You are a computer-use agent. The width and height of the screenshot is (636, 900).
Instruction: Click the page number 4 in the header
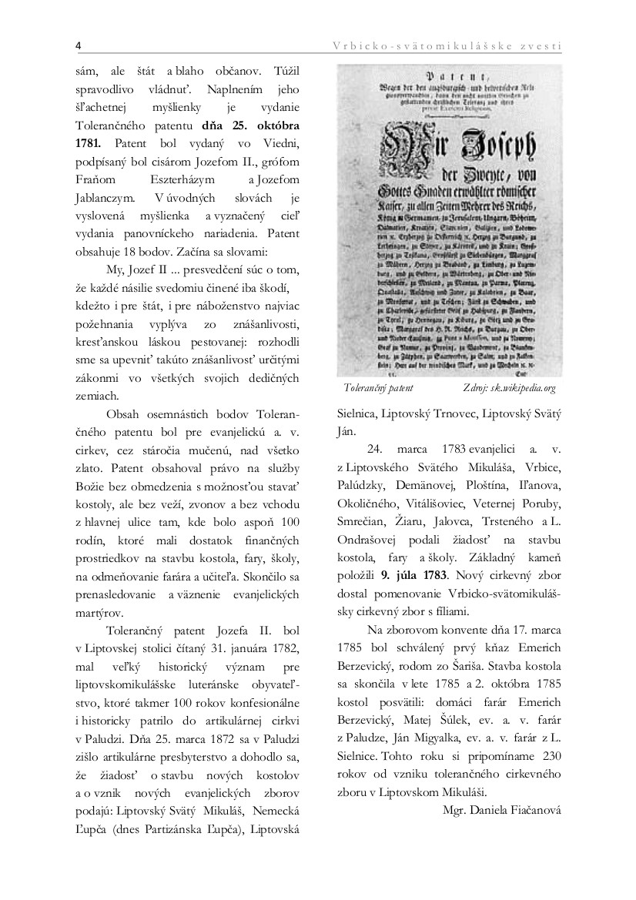tap(79, 45)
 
